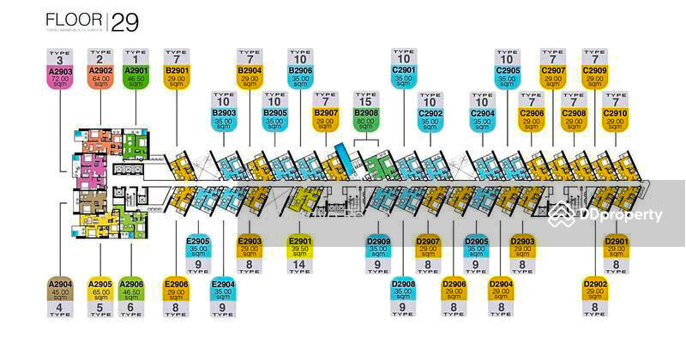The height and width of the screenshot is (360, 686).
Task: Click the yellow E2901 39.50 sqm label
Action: [x=300, y=247]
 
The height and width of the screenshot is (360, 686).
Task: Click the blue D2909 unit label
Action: [x=379, y=247]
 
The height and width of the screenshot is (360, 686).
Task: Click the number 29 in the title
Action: [x=124, y=22]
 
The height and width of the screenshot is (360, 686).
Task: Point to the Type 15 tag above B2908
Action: [x=366, y=99]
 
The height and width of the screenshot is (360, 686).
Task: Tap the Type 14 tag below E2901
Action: [x=300, y=267]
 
